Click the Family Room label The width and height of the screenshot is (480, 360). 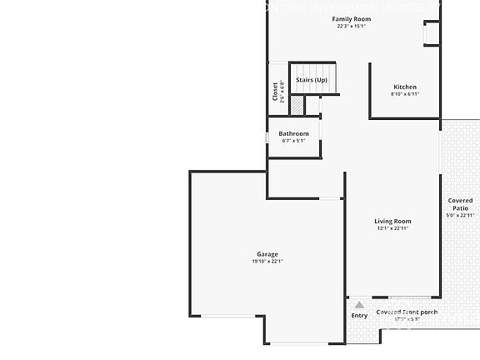click(x=352, y=18)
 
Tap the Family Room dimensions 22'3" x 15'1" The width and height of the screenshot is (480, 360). click(x=352, y=26)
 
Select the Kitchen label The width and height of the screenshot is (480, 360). click(x=405, y=87)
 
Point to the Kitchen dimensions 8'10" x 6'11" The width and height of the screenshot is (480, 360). click(x=405, y=94)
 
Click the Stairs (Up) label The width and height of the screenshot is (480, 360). click(x=312, y=80)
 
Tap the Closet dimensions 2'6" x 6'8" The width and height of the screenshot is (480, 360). click(x=282, y=90)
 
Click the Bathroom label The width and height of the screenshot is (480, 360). click(x=293, y=133)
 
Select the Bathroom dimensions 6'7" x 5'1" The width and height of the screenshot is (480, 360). click(x=293, y=141)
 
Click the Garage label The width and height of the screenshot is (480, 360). click(x=267, y=254)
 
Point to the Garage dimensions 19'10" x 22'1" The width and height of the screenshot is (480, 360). click(x=267, y=262)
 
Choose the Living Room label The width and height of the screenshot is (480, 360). click(x=392, y=221)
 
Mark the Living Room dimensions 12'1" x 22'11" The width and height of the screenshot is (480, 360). click(x=392, y=228)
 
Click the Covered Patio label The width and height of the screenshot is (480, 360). click(x=460, y=203)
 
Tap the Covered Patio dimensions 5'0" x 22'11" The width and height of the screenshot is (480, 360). click(x=460, y=215)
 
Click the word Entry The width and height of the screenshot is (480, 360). click(x=359, y=316)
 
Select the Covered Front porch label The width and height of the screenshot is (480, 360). click(x=407, y=312)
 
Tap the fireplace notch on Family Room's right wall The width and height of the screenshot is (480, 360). click(x=432, y=33)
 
